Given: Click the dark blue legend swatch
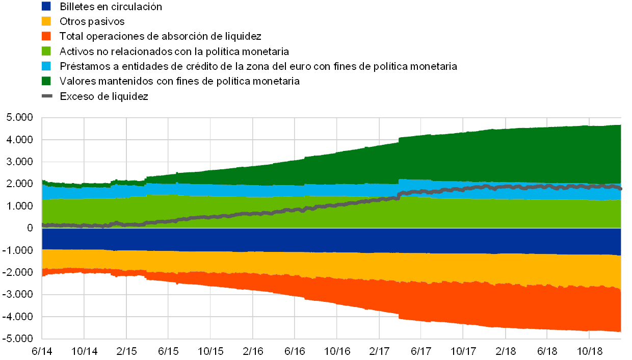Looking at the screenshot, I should [x=46, y=7].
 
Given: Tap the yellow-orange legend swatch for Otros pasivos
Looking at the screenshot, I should [x=46, y=21].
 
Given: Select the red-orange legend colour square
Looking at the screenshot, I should [x=46, y=36].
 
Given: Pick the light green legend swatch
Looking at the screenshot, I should [x=46, y=51].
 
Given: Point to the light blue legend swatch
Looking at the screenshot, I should [x=46, y=66].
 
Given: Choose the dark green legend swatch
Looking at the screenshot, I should [x=46, y=81].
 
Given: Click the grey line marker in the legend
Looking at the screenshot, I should [x=46, y=96].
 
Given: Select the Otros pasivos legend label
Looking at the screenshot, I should [x=92, y=21].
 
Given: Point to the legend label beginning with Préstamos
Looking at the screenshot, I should [x=258, y=66].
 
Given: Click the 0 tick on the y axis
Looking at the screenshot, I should [x=30, y=228].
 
